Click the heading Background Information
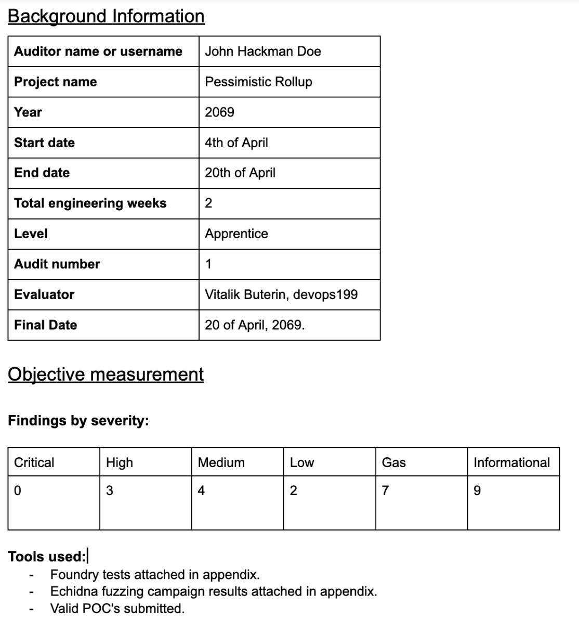point(106,16)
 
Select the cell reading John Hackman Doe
point(262,51)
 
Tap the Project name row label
point(55,82)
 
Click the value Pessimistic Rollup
point(258,82)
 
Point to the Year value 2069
point(219,112)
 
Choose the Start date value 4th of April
point(236,143)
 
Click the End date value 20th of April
point(240,173)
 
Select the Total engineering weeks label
point(90,203)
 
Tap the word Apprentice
point(236,234)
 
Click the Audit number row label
point(57,264)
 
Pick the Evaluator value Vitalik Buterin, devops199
point(281,294)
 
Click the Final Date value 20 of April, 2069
point(255,325)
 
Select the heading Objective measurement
point(106,374)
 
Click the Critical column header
point(34,462)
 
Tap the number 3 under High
point(109,490)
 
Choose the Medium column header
point(221,462)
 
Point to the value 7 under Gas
point(385,490)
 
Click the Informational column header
point(511,462)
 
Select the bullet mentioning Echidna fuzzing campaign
point(213,591)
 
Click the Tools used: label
point(47,557)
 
